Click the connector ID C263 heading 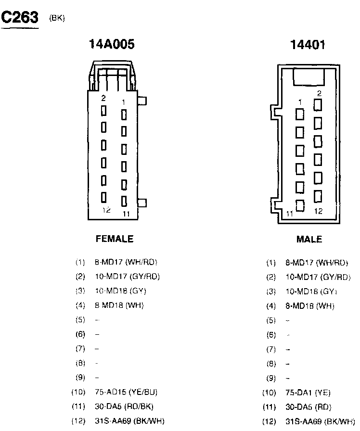pyautogui.click(x=20, y=18)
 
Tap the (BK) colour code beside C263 pyautogui.click(x=57, y=18)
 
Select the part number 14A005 pyautogui.click(x=112, y=45)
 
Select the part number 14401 pyautogui.click(x=308, y=45)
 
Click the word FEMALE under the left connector pyautogui.click(x=115, y=239)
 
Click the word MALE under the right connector pyautogui.click(x=309, y=239)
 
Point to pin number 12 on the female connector pyautogui.click(x=106, y=210)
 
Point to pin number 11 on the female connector pyautogui.click(x=126, y=214)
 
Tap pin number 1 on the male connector pyautogui.click(x=300, y=102)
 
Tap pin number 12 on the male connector pyautogui.click(x=318, y=211)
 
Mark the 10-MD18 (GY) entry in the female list pyautogui.click(x=120, y=291)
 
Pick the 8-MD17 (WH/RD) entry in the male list pyautogui.click(x=317, y=263)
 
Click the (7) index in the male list pyautogui.click(x=270, y=349)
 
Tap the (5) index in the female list pyautogui.click(x=80, y=319)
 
